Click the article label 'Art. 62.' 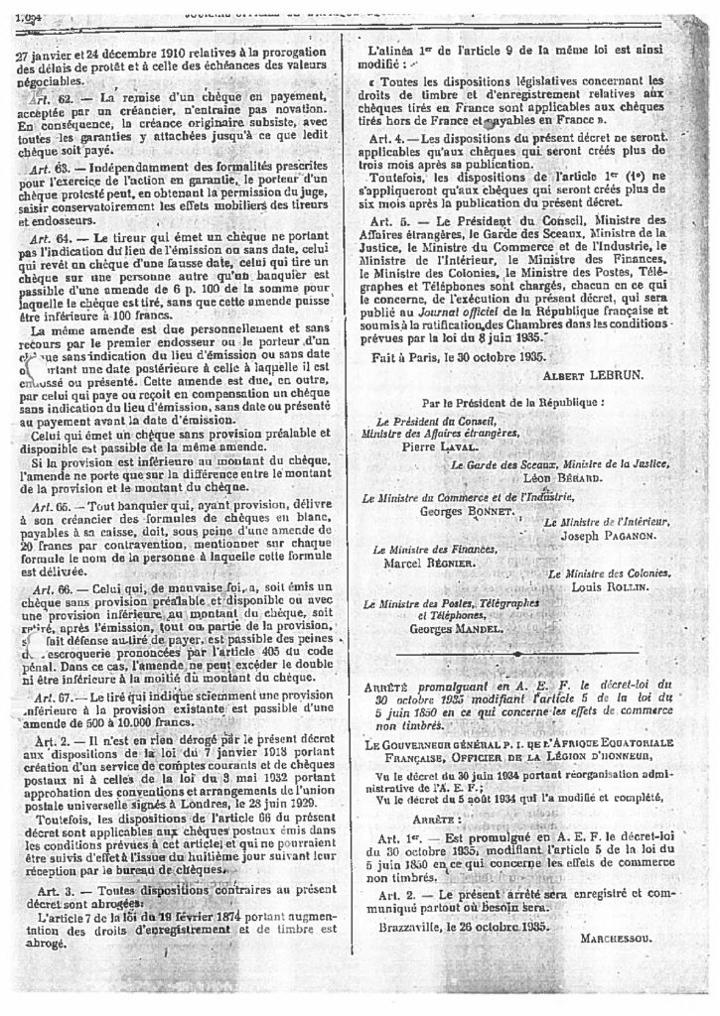[50, 100]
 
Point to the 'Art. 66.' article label [50, 589]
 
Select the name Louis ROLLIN [613, 587]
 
